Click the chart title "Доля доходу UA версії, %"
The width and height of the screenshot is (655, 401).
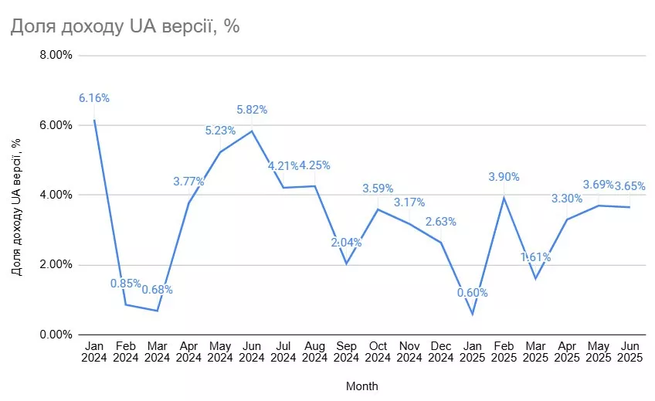124,26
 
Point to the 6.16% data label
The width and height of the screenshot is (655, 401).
94,98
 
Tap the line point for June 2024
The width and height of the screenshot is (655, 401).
252,131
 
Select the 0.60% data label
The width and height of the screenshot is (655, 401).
472,293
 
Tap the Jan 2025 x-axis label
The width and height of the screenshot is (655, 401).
472,352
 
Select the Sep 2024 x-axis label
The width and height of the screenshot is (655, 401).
346,352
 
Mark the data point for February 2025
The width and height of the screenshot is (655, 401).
504,198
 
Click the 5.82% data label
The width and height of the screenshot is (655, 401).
252,110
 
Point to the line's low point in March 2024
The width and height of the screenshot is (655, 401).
157,311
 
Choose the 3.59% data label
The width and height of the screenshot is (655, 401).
378,188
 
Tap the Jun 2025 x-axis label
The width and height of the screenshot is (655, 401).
630,352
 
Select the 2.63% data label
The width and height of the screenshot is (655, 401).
441,222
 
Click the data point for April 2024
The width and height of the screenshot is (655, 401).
188,202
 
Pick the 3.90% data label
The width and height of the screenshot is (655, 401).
504,177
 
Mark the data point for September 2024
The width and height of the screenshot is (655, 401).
346,263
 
